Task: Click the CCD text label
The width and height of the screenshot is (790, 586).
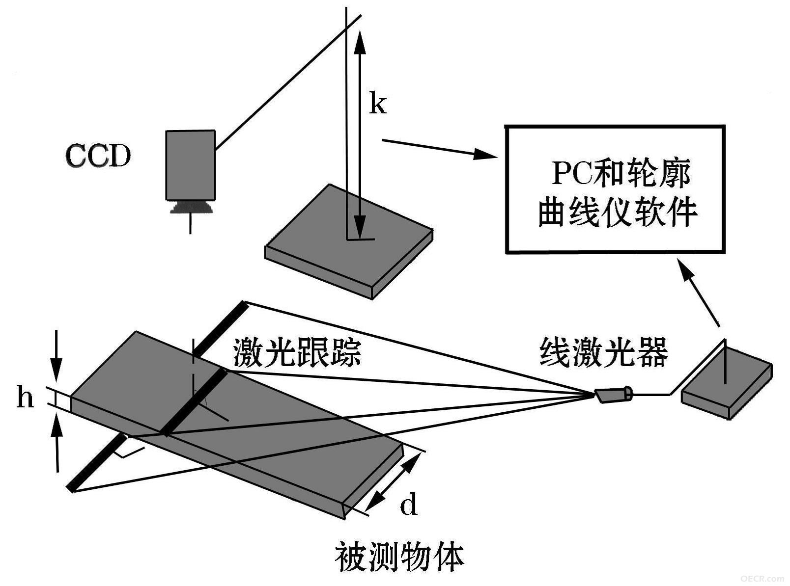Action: tap(98, 156)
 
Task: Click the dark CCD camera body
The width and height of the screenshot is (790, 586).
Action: tap(191, 165)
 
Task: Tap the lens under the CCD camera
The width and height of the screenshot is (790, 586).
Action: tap(192, 208)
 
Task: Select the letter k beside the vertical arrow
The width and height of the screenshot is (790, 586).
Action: tap(377, 103)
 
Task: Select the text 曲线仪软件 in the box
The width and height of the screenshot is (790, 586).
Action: tap(617, 212)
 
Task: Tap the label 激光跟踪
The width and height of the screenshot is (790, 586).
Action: tap(297, 352)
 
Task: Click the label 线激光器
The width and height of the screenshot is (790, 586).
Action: tap(603, 352)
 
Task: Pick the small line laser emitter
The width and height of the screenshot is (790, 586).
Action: tap(613, 395)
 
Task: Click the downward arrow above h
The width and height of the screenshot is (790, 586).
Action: tap(56, 356)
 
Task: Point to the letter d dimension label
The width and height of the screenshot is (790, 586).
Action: tap(409, 504)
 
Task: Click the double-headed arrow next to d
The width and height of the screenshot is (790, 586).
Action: tap(392, 482)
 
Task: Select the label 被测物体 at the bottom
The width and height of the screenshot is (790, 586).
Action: tap(399, 558)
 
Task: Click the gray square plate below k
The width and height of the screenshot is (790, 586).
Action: tap(349, 241)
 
